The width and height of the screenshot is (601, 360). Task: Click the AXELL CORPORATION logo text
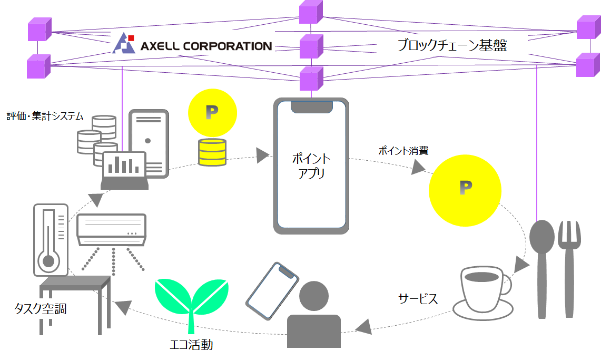tap(205, 46)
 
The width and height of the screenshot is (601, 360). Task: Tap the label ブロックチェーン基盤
tap(452, 46)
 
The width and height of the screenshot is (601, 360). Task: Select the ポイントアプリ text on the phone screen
tap(311, 166)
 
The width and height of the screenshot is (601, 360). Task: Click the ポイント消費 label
tap(403, 151)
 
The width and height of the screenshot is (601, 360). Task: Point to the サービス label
tap(418, 299)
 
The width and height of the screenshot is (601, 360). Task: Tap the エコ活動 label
tap(191, 345)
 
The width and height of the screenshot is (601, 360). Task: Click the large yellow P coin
tap(465, 188)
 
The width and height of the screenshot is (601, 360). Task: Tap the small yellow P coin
tap(212, 112)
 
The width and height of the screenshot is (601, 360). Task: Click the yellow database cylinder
tap(212, 152)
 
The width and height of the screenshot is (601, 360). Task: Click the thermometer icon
tap(50, 240)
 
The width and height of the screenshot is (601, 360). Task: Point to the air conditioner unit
tap(111, 229)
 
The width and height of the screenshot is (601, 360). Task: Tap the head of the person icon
tap(313, 297)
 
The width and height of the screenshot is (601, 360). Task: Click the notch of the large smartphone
tap(312, 106)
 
